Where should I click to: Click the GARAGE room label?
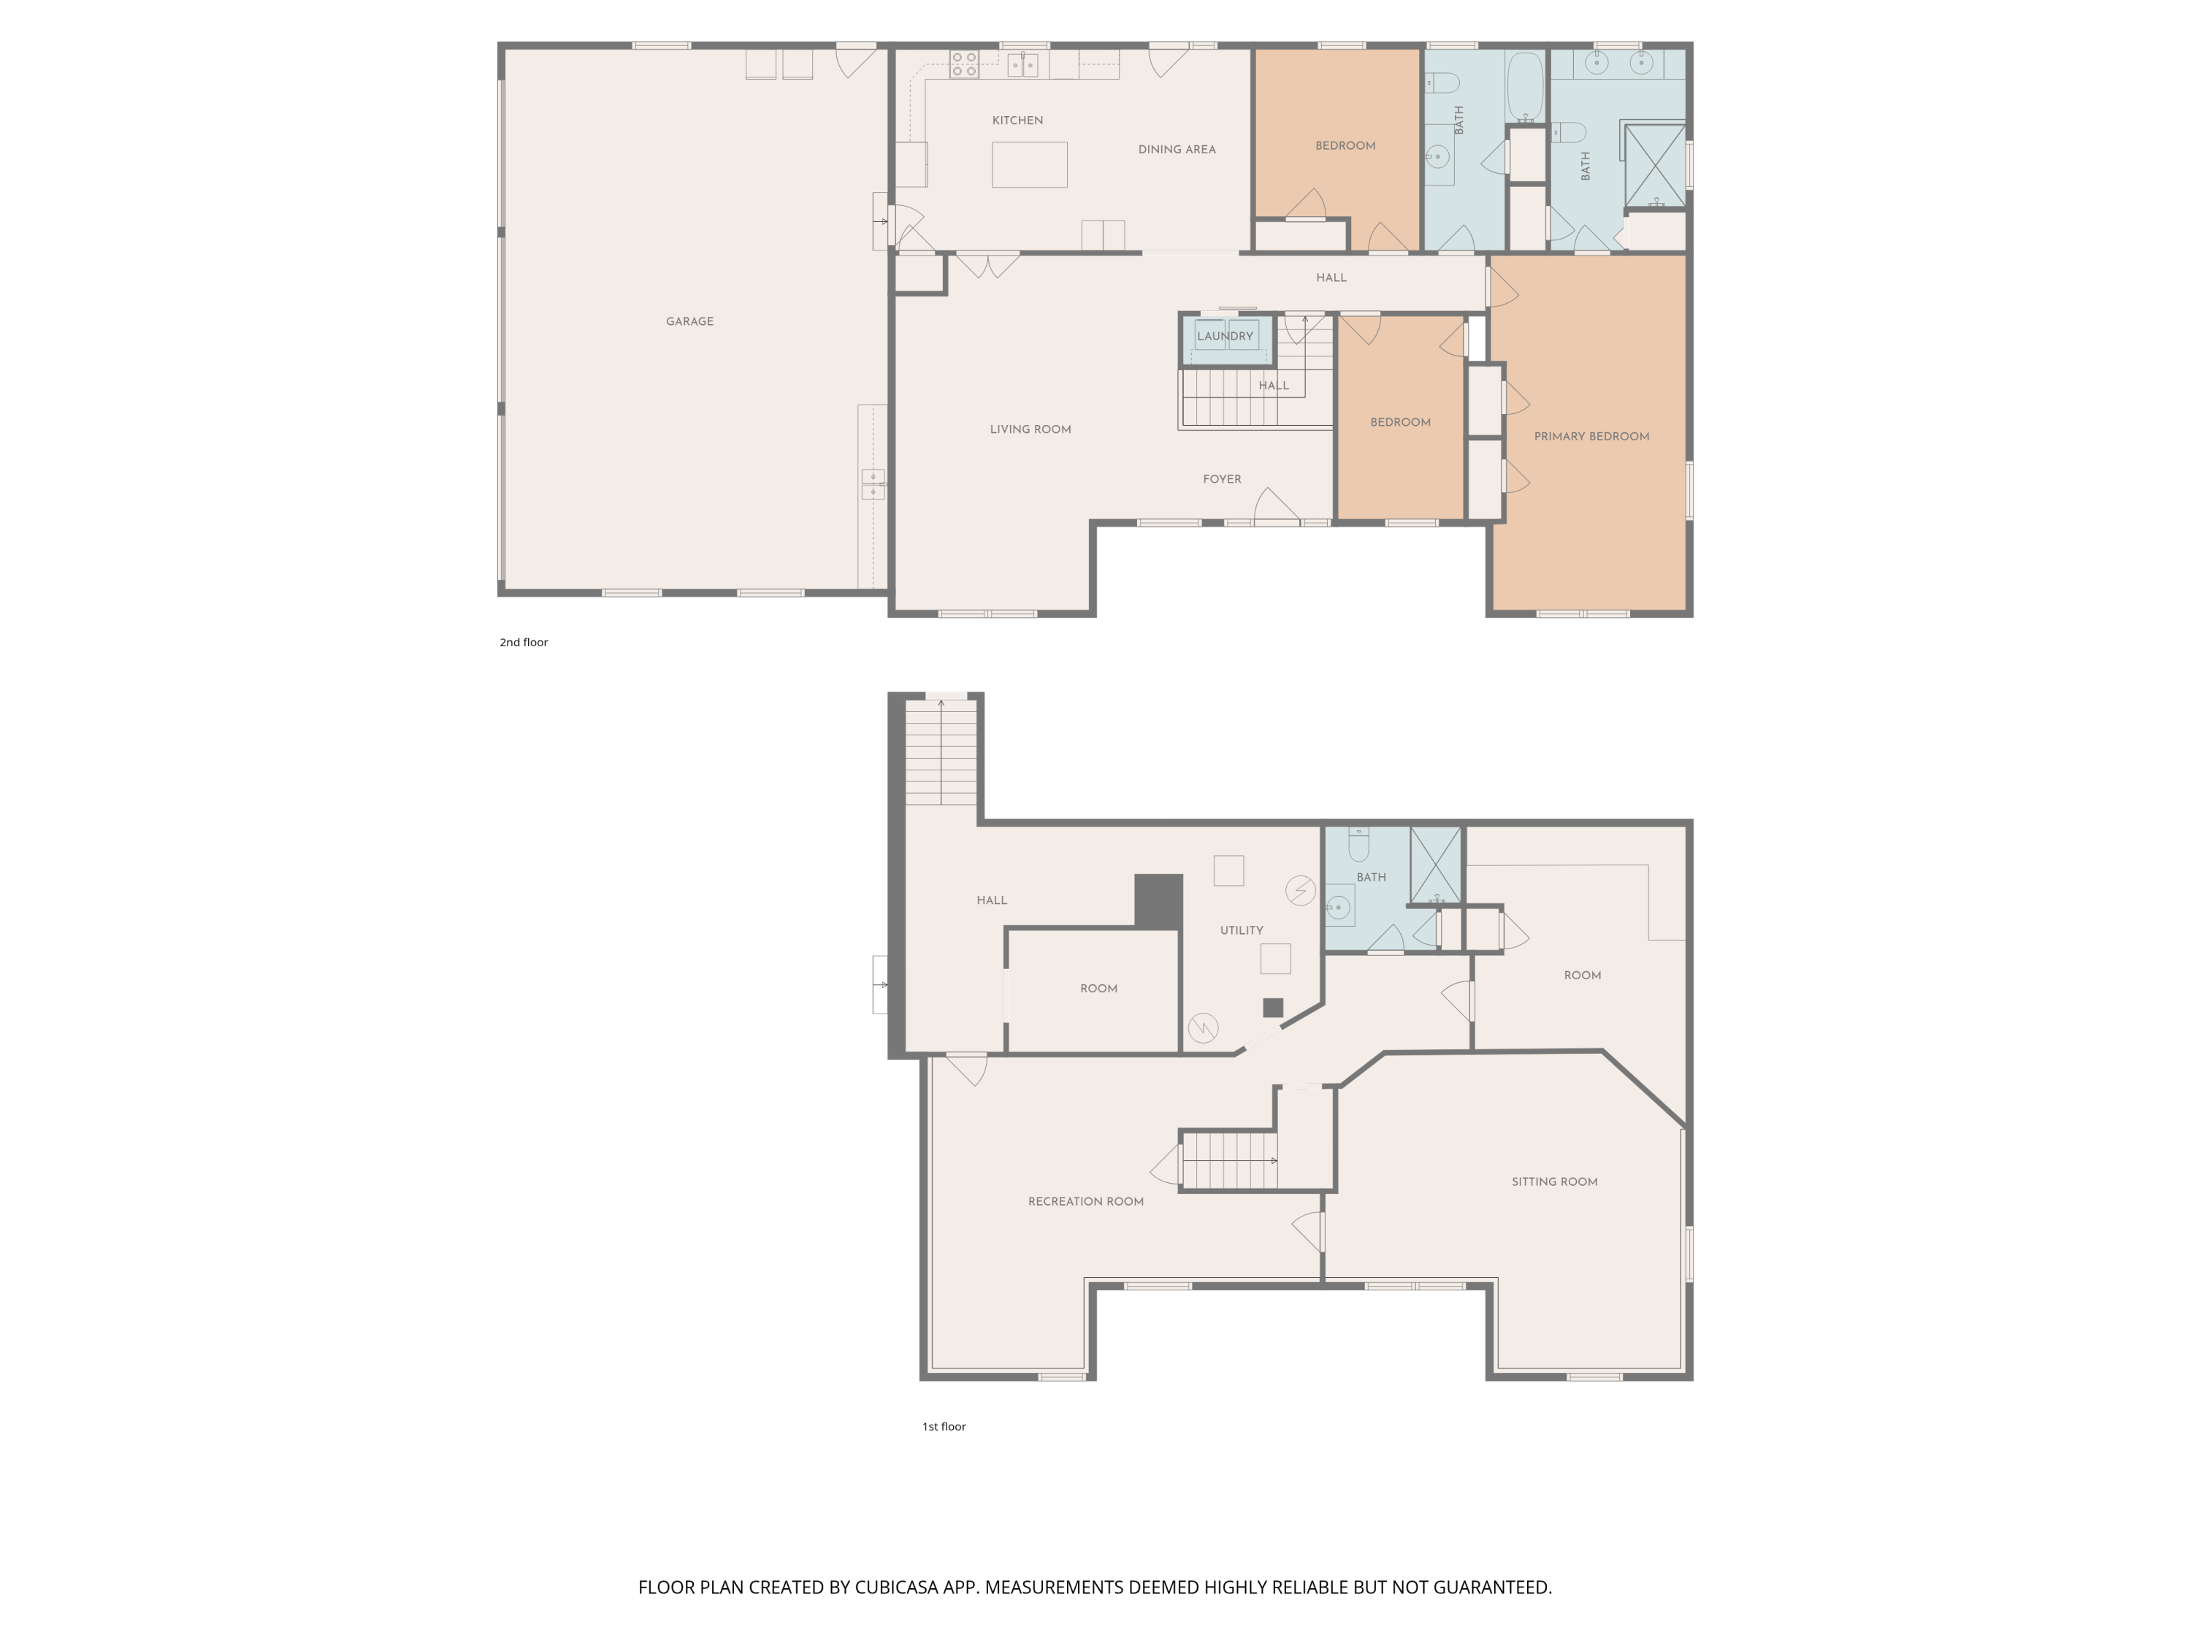689,321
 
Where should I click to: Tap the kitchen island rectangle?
1029,164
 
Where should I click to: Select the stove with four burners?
964,64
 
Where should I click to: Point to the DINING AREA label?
1177,150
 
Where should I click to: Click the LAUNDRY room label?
1225,336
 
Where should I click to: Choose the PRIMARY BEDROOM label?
1591,437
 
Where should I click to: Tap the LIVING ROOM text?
1030,429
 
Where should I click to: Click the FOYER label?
1223,479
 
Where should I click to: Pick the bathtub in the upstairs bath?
1526,87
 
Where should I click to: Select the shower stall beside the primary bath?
1655,165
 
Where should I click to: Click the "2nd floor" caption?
523,642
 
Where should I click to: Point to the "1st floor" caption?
944,1426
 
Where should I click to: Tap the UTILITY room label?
1241,930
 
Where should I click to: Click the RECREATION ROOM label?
1085,1201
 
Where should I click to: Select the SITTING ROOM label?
1554,1181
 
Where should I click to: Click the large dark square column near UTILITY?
1159,901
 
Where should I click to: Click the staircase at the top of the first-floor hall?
941,751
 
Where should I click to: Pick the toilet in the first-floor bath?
1359,844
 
